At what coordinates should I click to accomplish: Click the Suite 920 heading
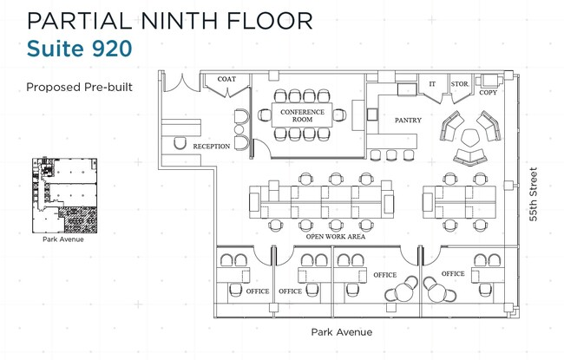click(80, 49)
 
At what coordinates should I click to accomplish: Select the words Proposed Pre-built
click(80, 87)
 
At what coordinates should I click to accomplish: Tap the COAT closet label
click(226, 79)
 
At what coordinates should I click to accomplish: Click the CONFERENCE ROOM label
click(302, 115)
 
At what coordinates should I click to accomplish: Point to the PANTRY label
click(408, 120)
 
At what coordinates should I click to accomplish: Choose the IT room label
click(432, 84)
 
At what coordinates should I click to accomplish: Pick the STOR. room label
click(460, 84)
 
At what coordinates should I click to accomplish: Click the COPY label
click(489, 93)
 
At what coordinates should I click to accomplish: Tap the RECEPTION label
click(212, 147)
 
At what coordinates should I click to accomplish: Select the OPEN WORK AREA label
click(336, 237)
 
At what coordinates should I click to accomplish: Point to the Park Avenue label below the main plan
click(342, 332)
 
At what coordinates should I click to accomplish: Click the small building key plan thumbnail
click(65, 195)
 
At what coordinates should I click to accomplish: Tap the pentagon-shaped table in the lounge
click(469, 137)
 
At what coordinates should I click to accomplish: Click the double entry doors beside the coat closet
click(182, 83)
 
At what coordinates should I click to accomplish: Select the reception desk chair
click(180, 143)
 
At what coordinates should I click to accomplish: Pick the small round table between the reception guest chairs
click(239, 129)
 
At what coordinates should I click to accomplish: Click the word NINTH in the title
click(179, 21)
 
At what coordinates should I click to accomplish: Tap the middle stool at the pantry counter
click(391, 155)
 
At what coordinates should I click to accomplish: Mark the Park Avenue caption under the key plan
click(63, 239)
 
